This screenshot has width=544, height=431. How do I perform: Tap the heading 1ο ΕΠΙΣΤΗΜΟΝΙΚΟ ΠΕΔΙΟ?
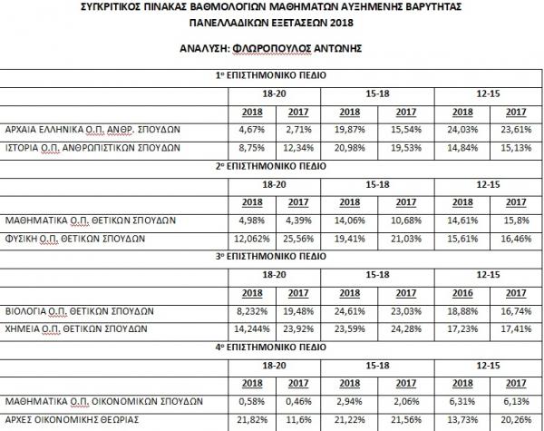271,75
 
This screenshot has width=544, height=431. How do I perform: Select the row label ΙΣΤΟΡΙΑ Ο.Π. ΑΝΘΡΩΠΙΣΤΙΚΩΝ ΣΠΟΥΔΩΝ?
90,146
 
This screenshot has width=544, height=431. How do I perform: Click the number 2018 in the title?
342,22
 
